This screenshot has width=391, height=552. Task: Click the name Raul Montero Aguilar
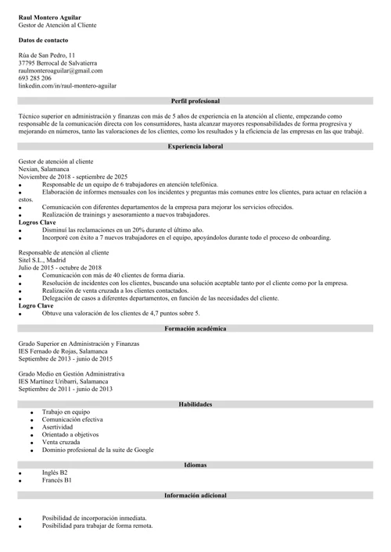[49, 16]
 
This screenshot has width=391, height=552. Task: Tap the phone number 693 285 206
[35, 78]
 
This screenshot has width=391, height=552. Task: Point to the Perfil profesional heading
[195, 101]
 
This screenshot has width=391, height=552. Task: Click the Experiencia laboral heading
[195, 146]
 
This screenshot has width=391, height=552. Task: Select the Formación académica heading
[195, 329]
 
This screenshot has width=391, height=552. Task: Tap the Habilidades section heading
[195, 404]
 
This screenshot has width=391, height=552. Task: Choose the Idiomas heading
[195, 465]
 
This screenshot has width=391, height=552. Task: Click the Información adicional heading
[195, 496]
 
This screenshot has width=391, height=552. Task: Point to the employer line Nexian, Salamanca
[44, 169]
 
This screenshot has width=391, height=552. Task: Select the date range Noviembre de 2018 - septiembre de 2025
[73, 176]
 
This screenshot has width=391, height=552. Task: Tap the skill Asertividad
[59, 428]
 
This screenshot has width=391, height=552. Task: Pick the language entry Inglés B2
[55, 473]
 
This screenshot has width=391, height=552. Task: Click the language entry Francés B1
[57, 481]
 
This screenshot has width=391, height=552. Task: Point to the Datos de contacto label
[43, 39]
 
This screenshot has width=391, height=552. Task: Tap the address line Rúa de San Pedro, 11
[47, 55]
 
